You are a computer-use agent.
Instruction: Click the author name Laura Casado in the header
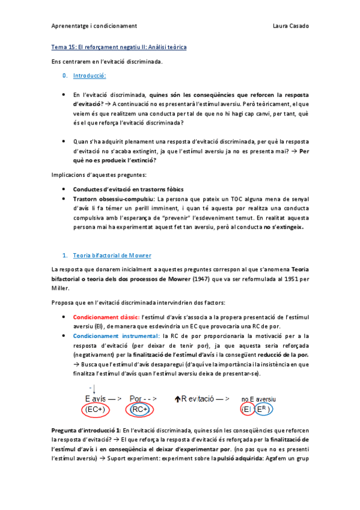click(291, 26)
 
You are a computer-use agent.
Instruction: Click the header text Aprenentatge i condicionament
click(94, 26)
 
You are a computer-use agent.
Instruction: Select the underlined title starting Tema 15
click(118, 47)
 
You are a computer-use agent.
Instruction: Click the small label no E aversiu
click(258, 398)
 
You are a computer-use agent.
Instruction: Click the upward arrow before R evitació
click(177, 398)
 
